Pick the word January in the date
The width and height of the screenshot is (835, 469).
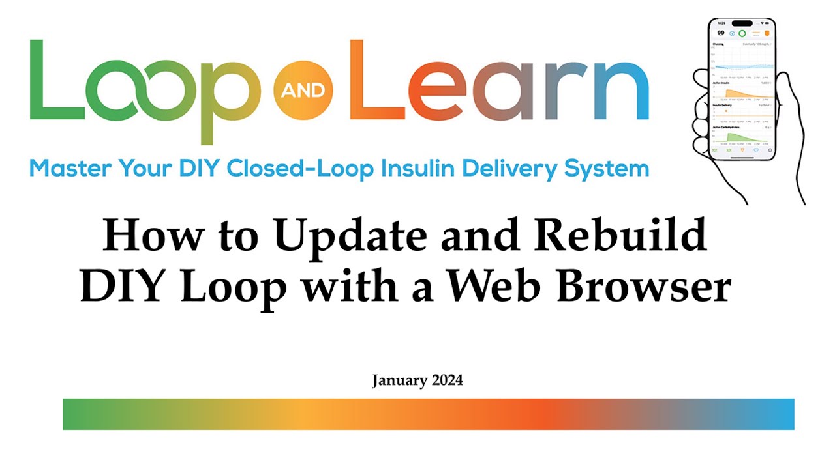tap(399, 380)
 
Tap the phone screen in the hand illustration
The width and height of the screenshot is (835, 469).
tap(742, 91)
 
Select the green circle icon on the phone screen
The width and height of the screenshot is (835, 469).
tap(742, 33)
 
